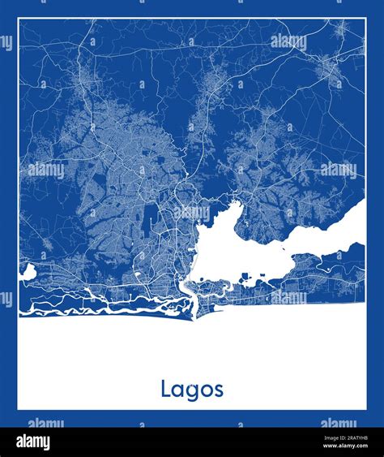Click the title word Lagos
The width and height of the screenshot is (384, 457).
point(191,390)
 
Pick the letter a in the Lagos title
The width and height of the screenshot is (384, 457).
point(177,390)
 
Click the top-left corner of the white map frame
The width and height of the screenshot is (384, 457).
point(19,19)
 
